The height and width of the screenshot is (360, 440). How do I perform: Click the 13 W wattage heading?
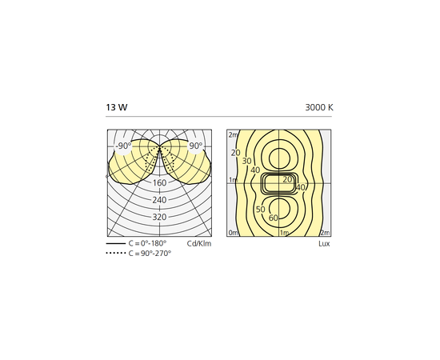[x=117, y=107]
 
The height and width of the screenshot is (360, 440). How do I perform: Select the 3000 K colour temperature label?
[x=319, y=107]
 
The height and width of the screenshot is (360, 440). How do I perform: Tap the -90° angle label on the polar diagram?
[x=123, y=146]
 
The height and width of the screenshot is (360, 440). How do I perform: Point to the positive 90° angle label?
[x=195, y=146]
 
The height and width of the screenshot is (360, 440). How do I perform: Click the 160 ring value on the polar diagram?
[x=159, y=183]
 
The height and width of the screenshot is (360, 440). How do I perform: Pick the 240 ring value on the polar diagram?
[x=159, y=200]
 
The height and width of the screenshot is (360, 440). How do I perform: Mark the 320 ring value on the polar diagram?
[x=159, y=217]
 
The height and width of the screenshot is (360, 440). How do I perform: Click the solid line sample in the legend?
[x=116, y=243]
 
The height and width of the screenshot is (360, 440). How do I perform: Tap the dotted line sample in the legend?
[x=116, y=253]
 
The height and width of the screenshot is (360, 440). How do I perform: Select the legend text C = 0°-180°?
[x=147, y=243]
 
